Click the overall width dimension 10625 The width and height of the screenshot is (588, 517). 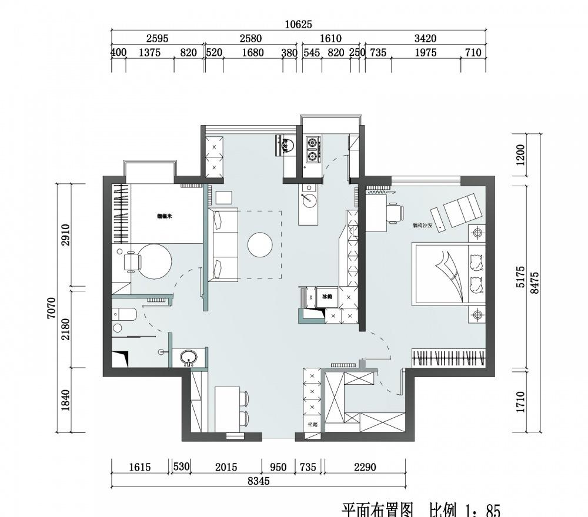tap(299, 24)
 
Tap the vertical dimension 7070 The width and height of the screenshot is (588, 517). tap(52, 308)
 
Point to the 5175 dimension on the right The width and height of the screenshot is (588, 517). tap(520, 276)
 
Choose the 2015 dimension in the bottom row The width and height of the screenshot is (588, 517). tap(226, 468)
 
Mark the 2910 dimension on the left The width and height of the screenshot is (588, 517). tap(65, 235)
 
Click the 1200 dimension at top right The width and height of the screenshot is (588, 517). tap(520, 155)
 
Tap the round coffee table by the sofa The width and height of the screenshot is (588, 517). tap(260, 245)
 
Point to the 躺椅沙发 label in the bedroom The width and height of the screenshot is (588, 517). tap(422, 225)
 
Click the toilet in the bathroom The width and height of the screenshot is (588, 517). tap(125, 315)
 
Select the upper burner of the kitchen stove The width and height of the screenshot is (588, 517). tap(312, 142)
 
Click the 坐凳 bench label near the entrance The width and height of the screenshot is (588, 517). tap(312, 424)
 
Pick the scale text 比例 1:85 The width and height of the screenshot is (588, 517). tap(465, 509)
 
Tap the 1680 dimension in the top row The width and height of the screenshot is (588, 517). tap(252, 53)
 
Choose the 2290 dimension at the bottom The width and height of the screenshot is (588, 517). tap(365, 468)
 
